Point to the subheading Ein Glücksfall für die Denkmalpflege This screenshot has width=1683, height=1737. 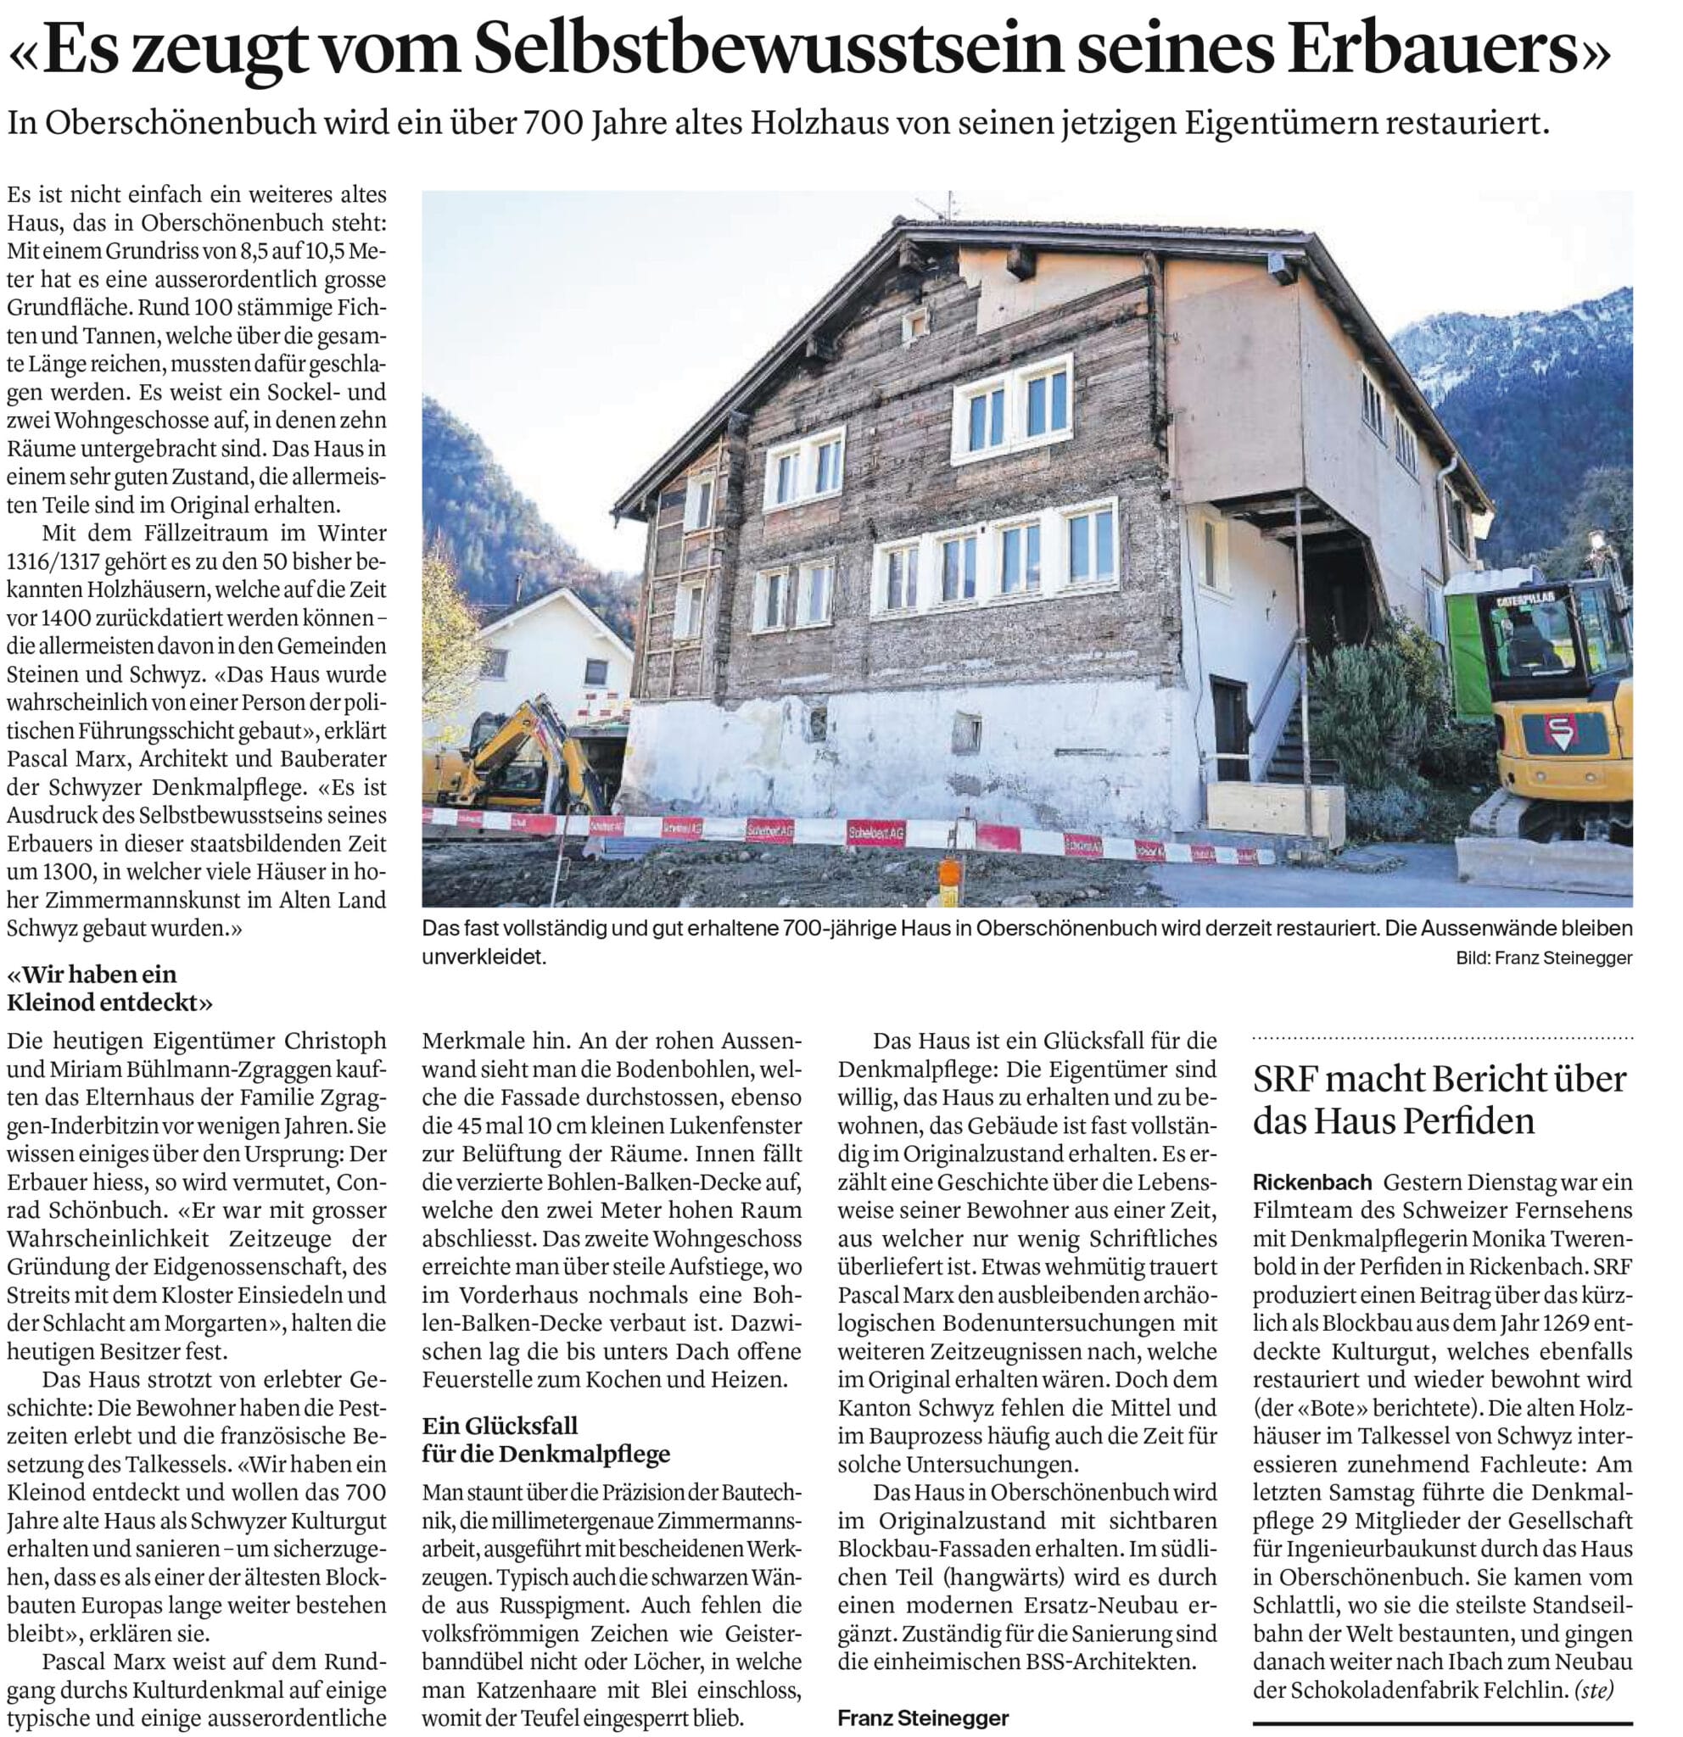pyautogui.click(x=545, y=1438)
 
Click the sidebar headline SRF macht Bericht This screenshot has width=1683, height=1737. pyautogui.click(x=1440, y=1100)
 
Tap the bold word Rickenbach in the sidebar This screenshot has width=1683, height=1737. pyautogui.click(x=1311, y=1181)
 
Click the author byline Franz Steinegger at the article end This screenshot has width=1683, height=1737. pyautogui.click(x=923, y=1717)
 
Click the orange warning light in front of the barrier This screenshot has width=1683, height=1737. pyautogui.click(x=948, y=873)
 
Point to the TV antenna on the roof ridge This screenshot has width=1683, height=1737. pyautogui.click(x=948, y=205)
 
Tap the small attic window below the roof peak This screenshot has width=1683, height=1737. pyautogui.click(x=914, y=324)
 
